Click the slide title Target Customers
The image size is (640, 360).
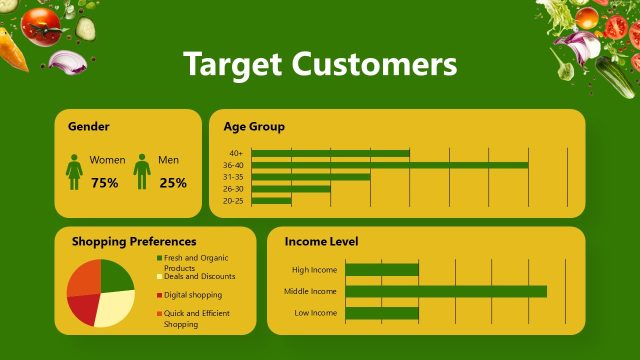(320, 64)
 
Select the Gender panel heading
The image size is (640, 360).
(88, 127)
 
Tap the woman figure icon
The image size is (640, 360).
(74, 171)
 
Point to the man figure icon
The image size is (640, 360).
(142, 171)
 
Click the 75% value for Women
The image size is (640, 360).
(104, 183)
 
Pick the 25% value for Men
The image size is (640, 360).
(172, 183)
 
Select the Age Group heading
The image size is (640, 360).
(254, 127)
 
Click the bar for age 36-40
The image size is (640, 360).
(389, 164)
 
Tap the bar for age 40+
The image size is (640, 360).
(330, 153)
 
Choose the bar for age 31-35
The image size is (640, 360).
(310, 176)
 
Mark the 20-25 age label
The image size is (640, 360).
(233, 201)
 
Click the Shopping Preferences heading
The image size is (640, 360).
(134, 241)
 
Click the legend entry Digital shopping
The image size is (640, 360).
(193, 295)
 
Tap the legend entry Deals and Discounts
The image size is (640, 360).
(199, 276)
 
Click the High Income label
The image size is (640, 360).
(315, 270)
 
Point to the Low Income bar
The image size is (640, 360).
(381, 313)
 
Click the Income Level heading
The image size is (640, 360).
(321, 241)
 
